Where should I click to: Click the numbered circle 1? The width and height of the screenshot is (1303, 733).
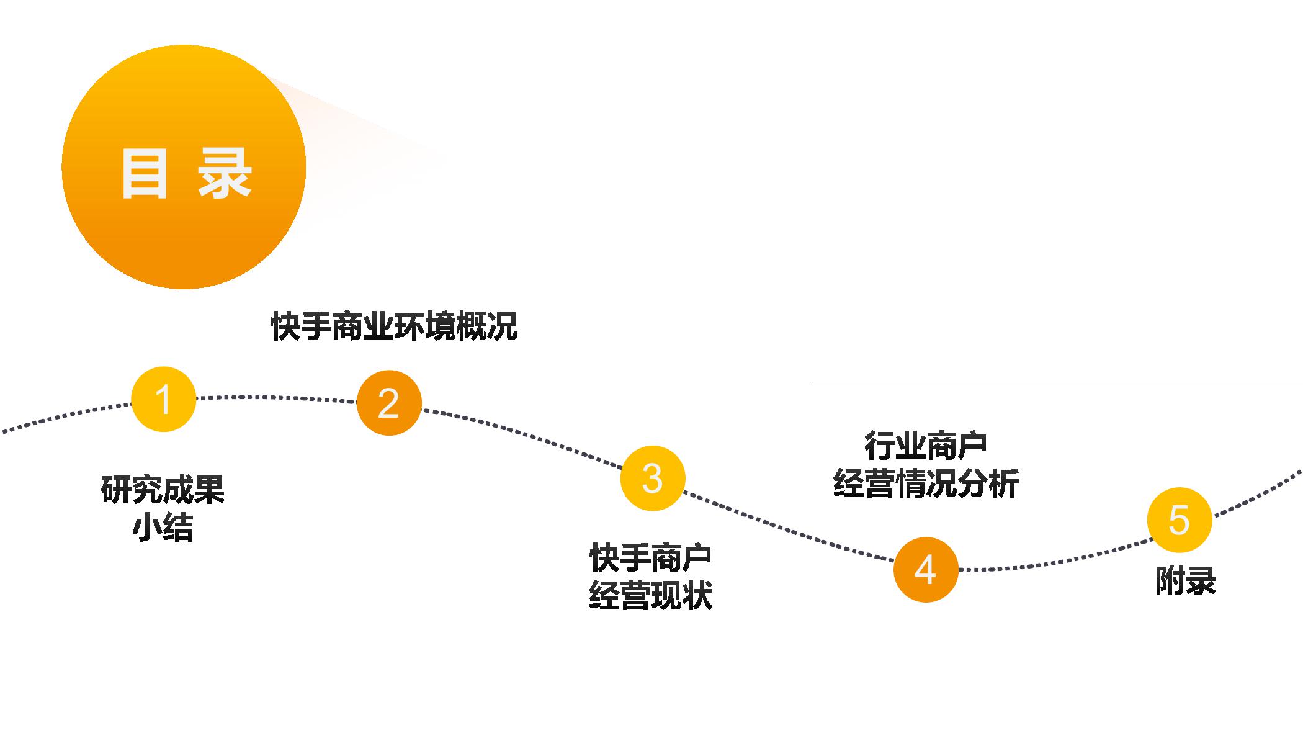click(x=164, y=399)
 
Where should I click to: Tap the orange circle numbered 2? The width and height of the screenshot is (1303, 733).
click(x=389, y=403)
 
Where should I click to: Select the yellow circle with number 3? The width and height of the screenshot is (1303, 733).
click(x=652, y=478)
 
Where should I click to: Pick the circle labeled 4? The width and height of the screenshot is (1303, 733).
click(x=926, y=569)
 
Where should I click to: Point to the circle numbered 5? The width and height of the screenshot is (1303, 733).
click(x=1179, y=519)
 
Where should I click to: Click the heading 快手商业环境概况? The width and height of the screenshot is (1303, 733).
click(x=394, y=326)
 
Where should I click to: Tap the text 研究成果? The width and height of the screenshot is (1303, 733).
click(x=163, y=489)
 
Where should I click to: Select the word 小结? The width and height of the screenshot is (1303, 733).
click(x=163, y=528)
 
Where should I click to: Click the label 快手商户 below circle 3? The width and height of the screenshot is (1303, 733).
click(x=650, y=557)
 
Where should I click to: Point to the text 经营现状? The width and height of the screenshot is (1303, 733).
click(x=650, y=596)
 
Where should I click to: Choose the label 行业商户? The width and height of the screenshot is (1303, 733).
click(x=925, y=445)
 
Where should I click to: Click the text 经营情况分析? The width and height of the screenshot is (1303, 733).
click(x=925, y=483)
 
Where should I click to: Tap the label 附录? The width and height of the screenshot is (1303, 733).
click(x=1185, y=582)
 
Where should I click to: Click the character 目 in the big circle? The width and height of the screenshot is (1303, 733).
click(x=145, y=173)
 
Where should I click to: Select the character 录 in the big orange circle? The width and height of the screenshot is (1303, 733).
click(x=225, y=173)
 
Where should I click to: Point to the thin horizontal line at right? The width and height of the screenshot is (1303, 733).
click(x=1055, y=384)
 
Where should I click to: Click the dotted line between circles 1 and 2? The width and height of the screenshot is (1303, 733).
click(x=276, y=397)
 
